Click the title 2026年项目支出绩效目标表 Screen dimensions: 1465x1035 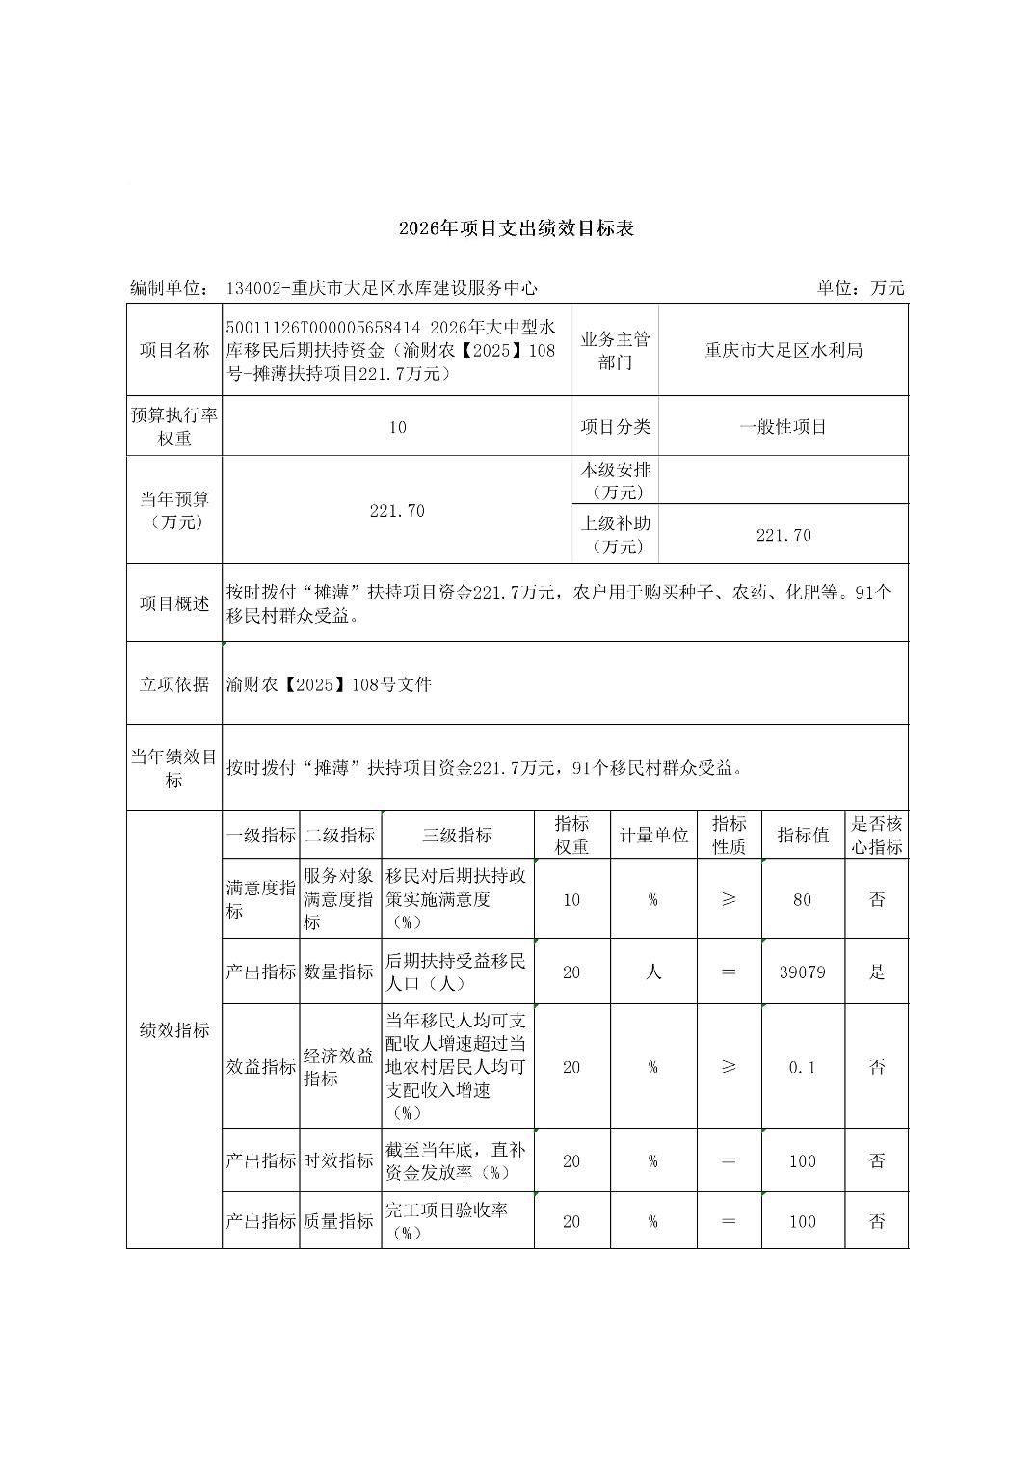(517, 229)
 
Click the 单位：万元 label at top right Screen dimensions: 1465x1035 (861, 287)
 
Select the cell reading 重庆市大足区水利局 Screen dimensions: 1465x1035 (783, 350)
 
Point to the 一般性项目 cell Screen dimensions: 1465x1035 (783, 427)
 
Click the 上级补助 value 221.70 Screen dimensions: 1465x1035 (783, 535)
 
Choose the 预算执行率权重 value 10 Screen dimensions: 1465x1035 (397, 427)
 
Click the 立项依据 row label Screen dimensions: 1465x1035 (174, 684)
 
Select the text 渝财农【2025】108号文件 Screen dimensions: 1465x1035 (330, 684)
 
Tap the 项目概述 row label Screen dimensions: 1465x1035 (174, 603)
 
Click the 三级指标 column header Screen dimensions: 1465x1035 (457, 836)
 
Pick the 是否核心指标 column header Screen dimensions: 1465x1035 (876, 836)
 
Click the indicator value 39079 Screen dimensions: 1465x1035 (802, 972)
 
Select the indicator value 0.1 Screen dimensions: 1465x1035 (802, 1067)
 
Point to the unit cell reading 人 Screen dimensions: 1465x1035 (652, 972)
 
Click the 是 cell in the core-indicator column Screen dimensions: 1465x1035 (876, 972)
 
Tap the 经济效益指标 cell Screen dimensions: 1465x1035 (339, 1067)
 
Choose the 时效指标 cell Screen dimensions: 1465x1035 (339, 1160)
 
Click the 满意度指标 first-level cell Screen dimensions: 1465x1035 (260, 899)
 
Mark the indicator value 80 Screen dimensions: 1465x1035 (802, 899)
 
